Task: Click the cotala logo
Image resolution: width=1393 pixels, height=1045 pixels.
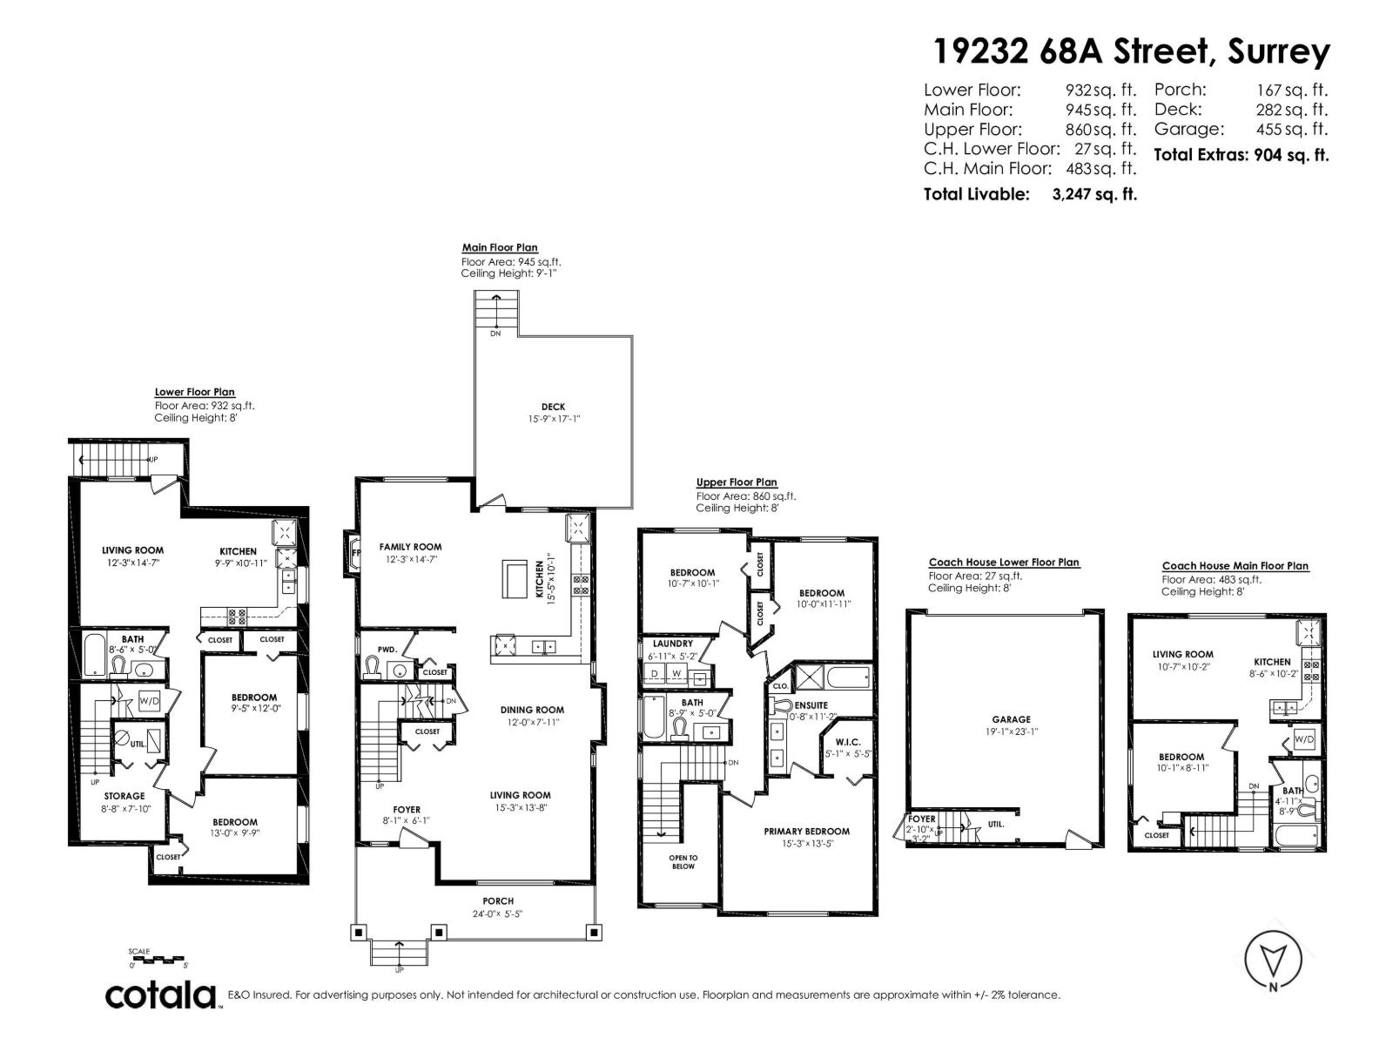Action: tap(161, 994)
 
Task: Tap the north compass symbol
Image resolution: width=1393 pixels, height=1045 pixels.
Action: tap(1273, 960)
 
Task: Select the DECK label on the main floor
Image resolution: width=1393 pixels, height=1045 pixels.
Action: tap(553, 407)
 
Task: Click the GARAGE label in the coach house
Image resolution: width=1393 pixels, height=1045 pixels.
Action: tap(1011, 719)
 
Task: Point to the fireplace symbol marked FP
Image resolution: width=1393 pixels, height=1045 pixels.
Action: tap(355, 553)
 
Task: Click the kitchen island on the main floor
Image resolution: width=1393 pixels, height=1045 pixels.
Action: tap(515, 580)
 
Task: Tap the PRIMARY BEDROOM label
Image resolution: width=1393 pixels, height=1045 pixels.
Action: tap(806, 831)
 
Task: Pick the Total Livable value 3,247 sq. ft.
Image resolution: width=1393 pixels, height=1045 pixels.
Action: tap(1094, 194)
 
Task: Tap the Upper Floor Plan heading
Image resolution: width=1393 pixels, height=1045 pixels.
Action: tap(737, 482)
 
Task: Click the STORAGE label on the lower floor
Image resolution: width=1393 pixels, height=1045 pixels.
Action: tap(124, 796)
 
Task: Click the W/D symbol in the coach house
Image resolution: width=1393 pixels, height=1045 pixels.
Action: tap(1304, 739)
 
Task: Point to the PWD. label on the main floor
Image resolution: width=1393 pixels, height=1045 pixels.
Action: tap(387, 650)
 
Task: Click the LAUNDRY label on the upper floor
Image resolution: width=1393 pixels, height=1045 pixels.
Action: tap(672, 644)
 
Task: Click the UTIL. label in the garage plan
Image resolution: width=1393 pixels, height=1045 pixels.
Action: tap(996, 824)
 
